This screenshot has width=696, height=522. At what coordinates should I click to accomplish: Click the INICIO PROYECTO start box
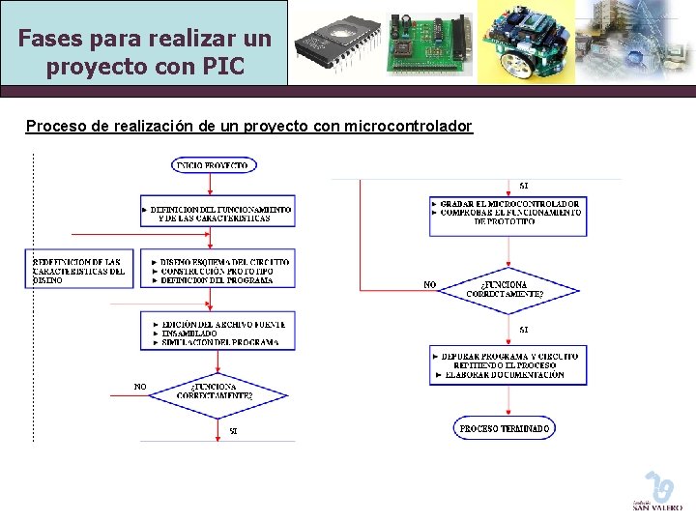213,165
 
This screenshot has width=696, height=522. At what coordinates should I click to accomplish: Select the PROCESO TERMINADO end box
504,428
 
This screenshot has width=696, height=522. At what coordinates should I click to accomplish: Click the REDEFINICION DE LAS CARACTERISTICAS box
78,271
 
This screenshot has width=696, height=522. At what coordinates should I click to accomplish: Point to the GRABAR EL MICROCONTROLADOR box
507,213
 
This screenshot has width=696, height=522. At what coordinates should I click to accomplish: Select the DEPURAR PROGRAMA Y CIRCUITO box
507,365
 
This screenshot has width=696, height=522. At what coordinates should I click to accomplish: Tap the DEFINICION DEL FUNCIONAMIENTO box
217,214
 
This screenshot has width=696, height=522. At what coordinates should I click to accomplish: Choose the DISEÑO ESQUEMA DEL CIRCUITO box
217,271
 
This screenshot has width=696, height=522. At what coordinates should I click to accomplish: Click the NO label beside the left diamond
140,387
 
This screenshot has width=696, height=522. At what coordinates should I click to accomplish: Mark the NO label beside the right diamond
430,284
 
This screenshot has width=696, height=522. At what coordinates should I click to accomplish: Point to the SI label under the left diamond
233,430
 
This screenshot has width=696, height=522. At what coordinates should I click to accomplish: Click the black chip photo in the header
334,43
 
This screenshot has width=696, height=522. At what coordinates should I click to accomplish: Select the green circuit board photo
429,43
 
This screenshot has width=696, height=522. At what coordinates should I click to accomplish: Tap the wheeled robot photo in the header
522,43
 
